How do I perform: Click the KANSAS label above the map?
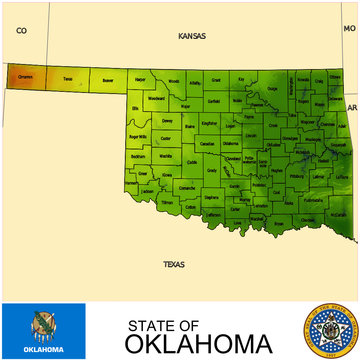click(191, 36)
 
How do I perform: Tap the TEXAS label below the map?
click(174, 264)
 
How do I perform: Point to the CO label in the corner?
click(21, 31)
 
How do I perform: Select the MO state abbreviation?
click(349, 30)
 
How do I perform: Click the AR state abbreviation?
click(351, 106)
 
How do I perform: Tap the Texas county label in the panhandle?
click(67, 77)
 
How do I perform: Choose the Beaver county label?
click(107, 78)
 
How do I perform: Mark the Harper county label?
click(141, 78)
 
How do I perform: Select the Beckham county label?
click(139, 156)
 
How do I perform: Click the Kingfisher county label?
click(209, 123)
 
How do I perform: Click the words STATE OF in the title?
click(163, 324)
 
